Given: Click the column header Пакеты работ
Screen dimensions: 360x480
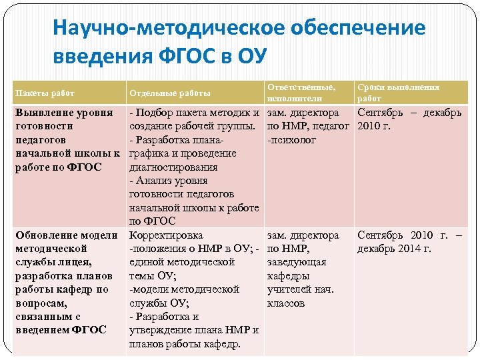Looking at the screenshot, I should tap(45, 93).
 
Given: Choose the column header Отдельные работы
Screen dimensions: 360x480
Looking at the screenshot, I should tap(169, 93).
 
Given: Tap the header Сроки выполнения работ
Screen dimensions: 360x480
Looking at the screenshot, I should tap(398, 93).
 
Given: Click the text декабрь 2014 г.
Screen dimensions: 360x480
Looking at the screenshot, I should tap(395, 249).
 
